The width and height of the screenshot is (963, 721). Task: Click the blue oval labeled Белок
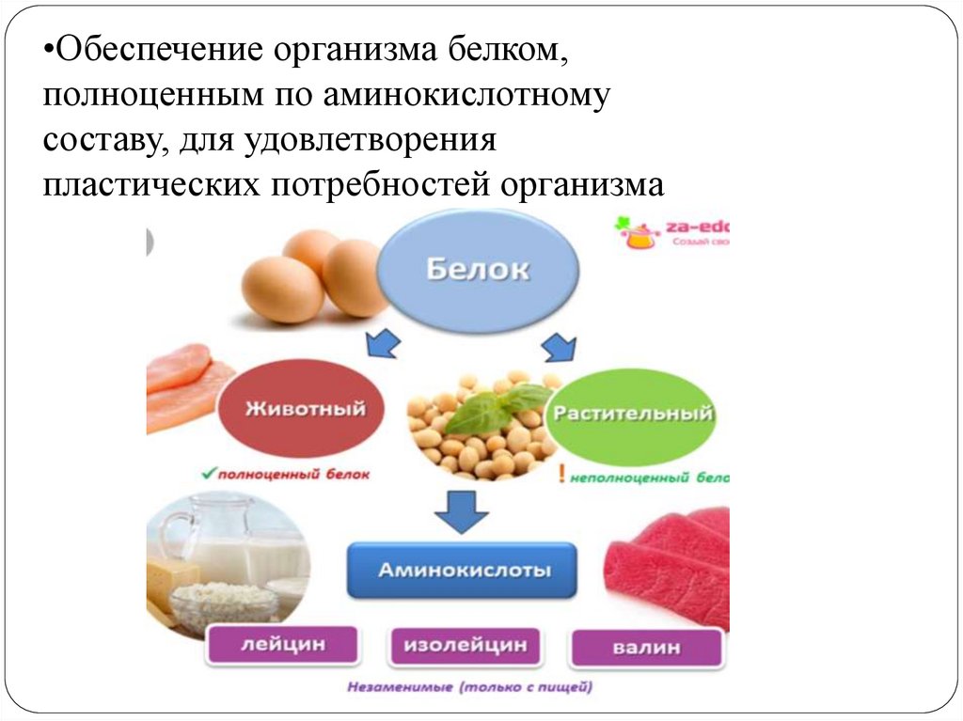click(x=478, y=271)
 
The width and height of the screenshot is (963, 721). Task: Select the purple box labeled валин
click(x=646, y=648)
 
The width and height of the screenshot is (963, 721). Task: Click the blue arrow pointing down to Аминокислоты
click(x=461, y=512)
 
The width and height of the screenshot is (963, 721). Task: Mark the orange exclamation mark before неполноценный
click(x=561, y=476)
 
